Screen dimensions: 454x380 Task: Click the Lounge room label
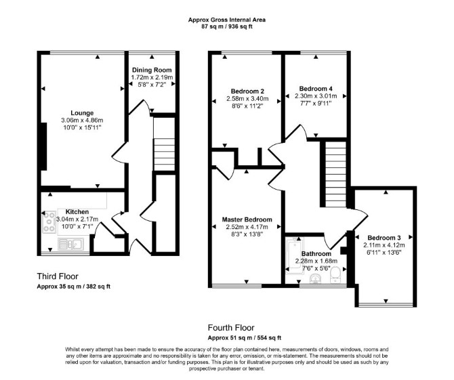pyautogui.click(x=82, y=113)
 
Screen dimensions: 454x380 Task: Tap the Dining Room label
pyautogui.click(x=152, y=70)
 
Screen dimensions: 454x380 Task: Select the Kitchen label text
pyautogui.click(x=77, y=212)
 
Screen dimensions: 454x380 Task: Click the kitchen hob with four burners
pyautogui.click(x=49, y=222)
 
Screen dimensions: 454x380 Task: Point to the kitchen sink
pyautogui.click(x=71, y=245)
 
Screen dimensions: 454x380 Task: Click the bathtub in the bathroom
pyautogui.click(x=293, y=255)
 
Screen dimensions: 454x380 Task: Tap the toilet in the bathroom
pyautogui.click(x=335, y=275)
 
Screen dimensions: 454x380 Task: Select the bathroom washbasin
pyautogui.click(x=316, y=279)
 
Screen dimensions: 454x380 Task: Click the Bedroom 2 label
pyautogui.click(x=247, y=91)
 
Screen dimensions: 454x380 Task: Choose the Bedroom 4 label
pyautogui.click(x=316, y=89)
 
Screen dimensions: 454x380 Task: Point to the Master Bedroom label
pyautogui.click(x=247, y=219)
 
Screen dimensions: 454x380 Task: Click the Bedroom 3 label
pyautogui.click(x=384, y=238)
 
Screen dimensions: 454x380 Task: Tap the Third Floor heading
pyautogui.click(x=58, y=276)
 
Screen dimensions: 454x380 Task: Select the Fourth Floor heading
pyautogui.click(x=231, y=328)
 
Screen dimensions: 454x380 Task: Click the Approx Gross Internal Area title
pyautogui.click(x=227, y=20)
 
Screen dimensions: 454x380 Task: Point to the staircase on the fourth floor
pyautogui.click(x=336, y=174)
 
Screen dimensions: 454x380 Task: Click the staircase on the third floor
pyautogui.click(x=164, y=154)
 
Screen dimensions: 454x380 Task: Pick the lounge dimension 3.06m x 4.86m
pyautogui.click(x=82, y=121)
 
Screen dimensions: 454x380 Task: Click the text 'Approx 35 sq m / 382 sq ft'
pyautogui.click(x=74, y=287)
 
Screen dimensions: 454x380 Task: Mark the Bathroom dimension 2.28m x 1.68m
pyautogui.click(x=316, y=261)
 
